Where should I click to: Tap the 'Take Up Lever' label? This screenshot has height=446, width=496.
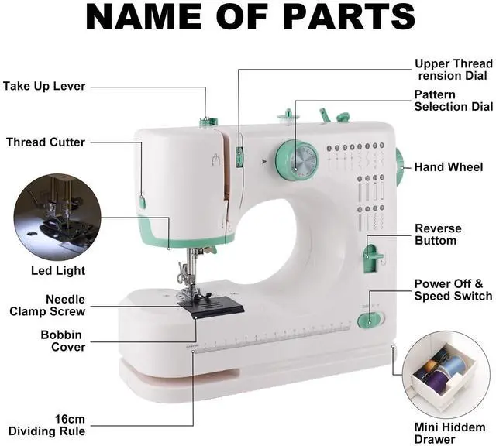click(44, 86)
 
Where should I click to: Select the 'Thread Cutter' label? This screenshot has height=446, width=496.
click(46, 142)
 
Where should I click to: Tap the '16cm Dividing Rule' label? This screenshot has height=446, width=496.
click(47, 425)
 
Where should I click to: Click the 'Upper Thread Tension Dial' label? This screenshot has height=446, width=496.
click(453, 70)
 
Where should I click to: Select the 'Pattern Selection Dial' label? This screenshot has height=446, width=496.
click(453, 101)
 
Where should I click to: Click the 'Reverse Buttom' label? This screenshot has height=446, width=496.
click(437, 235)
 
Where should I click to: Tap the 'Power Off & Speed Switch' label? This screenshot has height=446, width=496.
click(453, 290)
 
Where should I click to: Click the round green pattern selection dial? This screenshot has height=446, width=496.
click(297, 162)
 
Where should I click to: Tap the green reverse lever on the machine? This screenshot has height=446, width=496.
click(373, 257)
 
